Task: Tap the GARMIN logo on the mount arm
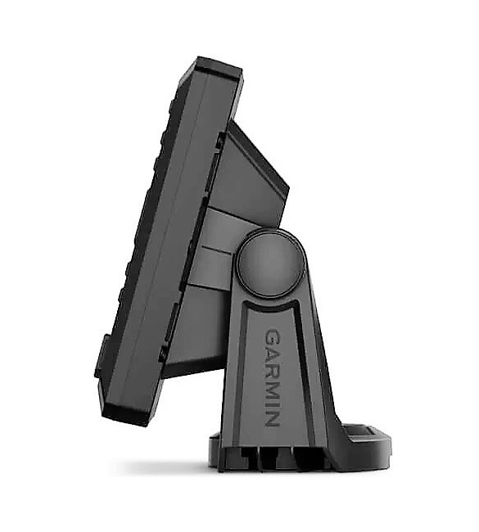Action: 272,376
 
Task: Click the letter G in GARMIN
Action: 272,336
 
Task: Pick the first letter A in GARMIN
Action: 272,353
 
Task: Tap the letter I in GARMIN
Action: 272,404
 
